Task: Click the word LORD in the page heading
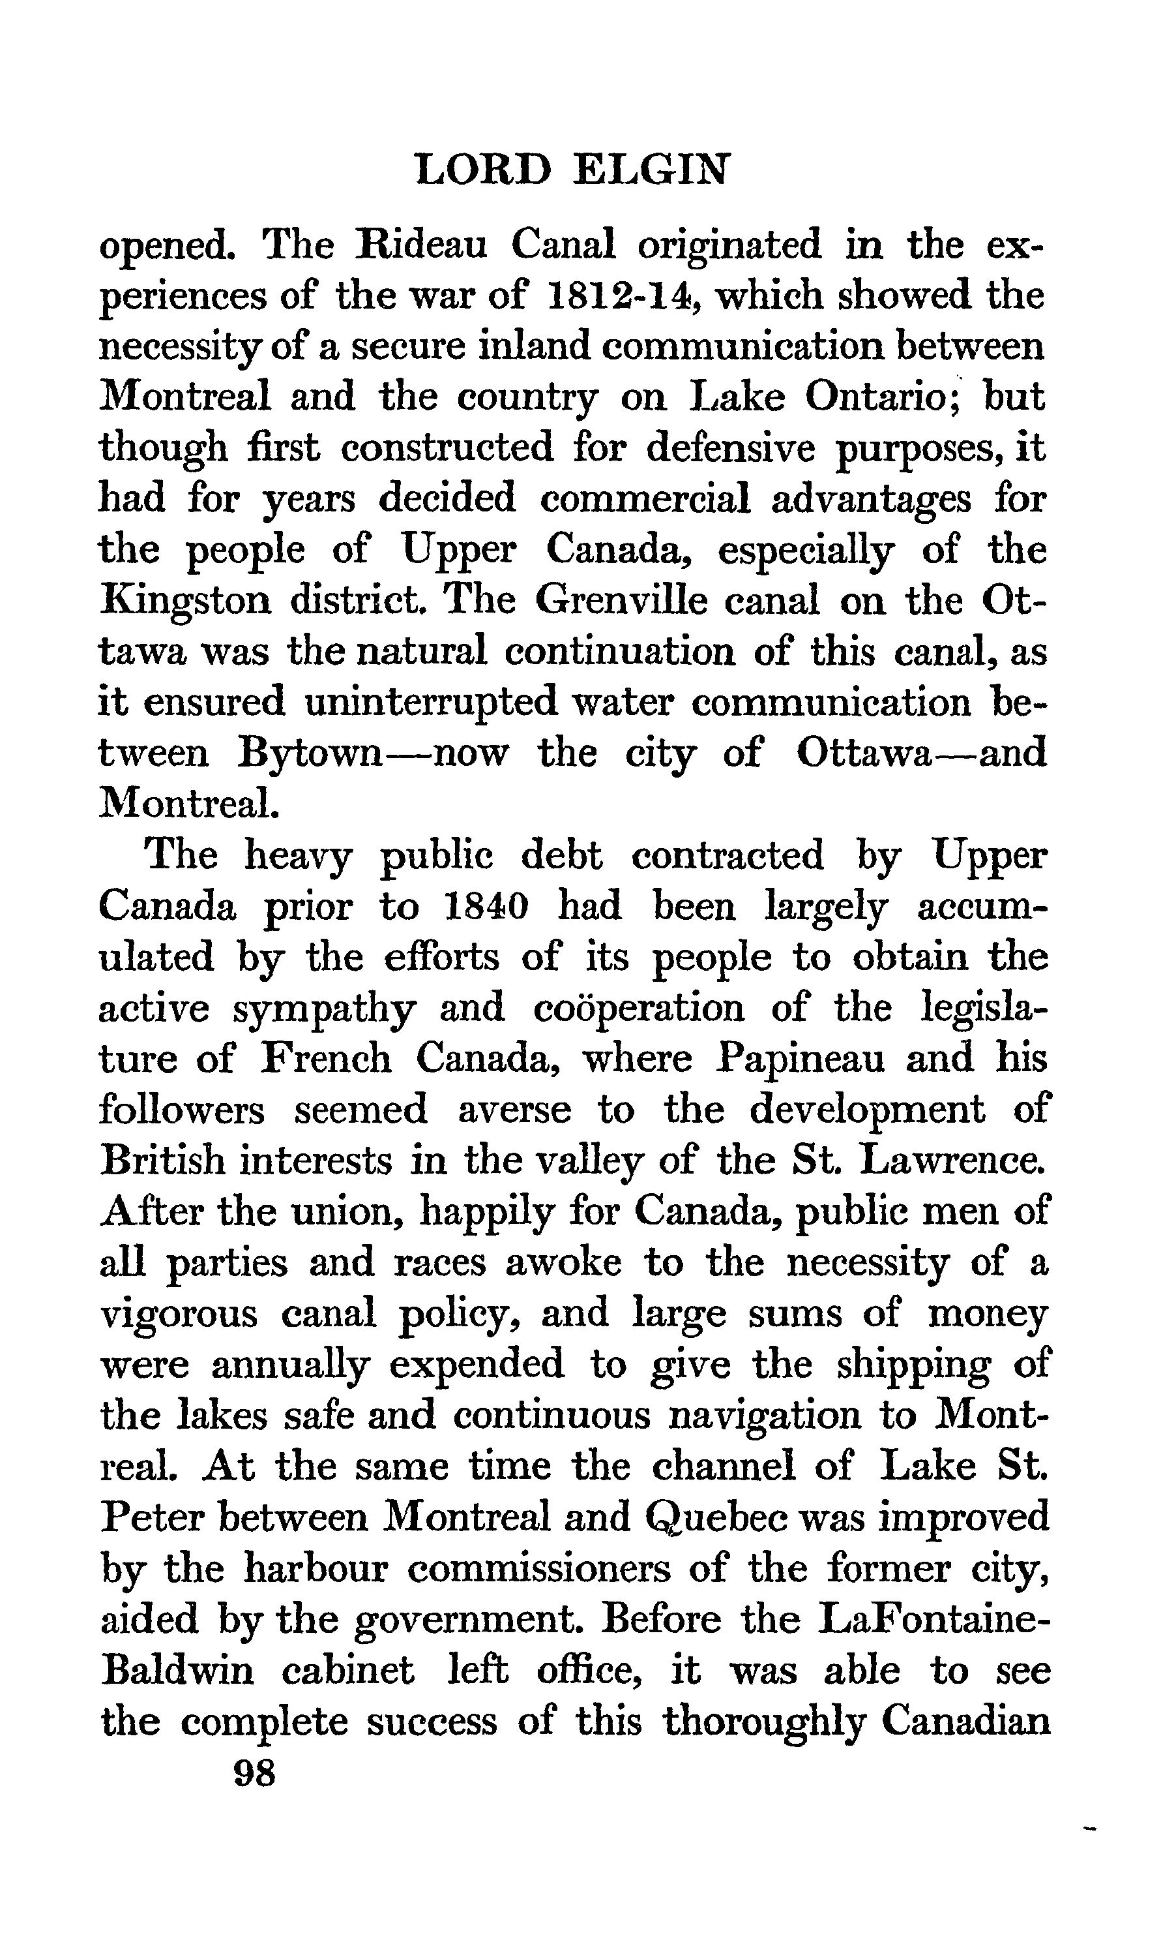(x=482, y=168)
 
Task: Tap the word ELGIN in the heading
(x=651, y=168)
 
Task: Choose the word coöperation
(x=639, y=1008)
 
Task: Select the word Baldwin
(x=177, y=1671)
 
